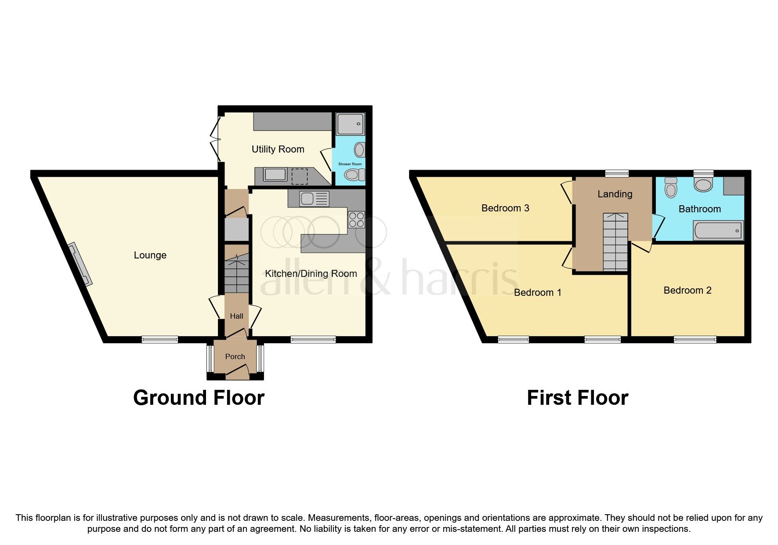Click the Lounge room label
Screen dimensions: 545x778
click(x=150, y=255)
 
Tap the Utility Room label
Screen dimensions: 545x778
click(x=278, y=149)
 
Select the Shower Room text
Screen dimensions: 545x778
click(x=350, y=164)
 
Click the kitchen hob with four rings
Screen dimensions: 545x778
click(x=356, y=220)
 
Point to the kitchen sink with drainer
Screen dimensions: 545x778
click(x=314, y=199)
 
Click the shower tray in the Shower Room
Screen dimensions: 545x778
click(x=350, y=124)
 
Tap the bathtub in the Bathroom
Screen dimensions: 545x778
click(x=718, y=231)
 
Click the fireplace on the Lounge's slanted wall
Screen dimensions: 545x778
click(x=80, y=264)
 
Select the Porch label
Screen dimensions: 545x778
click(x=235, y=356)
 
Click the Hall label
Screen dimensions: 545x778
click(x=236, y=316)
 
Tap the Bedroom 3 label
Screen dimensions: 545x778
click(x=505, y=208)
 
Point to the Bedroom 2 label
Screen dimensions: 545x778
click(x=687, y=290)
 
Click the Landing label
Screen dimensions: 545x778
click(x=615, y=194)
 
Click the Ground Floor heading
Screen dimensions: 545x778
click(x=199, y=398)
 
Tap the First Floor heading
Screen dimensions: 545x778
click(x=577, y=398)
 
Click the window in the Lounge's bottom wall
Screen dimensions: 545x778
click(x=160, y=339)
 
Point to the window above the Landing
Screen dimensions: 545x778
click(x=616, y=174)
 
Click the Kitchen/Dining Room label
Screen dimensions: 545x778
click(x=311, y=274)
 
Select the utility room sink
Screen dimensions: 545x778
click(x=275, y=174)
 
